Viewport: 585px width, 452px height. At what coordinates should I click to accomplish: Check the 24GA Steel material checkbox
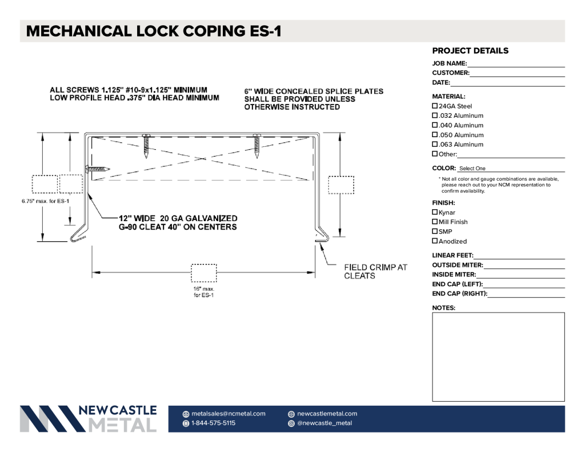pyautogui.click(x=435, y=106)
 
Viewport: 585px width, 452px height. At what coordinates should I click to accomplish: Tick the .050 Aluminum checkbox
pyautogui.click(x=435, y=135)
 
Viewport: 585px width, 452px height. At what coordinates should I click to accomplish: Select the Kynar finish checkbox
pyautogui.click(x=435, y=212)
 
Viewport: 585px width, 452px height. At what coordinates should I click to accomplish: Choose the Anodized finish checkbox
pyautogui.click(x=435, y=241)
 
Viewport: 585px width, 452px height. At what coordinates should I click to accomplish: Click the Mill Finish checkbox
pyautogui.click(x=435, y=222)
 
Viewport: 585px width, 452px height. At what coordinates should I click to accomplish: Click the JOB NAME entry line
pyautogui.click(x=516, y=67)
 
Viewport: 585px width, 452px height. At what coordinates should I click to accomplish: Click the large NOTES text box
pyautogui.click(x=498, y=357)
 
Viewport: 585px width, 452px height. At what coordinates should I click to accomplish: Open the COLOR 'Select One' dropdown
pyautogui.click(x=511, y=169)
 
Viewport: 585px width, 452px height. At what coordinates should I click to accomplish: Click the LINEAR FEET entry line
pyautogui.click(x=519, y=258)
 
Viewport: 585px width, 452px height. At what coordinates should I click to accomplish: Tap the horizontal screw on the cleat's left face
pyautogui.click(x=98, y=169)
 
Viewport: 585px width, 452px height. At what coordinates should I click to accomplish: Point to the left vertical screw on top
pyautogui.click(x=146, y=146)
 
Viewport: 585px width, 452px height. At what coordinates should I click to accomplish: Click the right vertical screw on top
pyautogui.click(x=257, y=146)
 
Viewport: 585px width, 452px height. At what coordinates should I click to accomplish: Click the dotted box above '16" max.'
pyautogui.click(x=204, y=273)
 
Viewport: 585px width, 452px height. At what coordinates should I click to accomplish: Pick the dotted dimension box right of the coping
pyautogui.click(x=341, y=185)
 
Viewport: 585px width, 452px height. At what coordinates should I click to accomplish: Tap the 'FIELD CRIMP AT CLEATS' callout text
pyautogui.click(x=376, y=272)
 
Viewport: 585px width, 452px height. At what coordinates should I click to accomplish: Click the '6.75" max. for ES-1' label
pyautogui.click(x=46, y=201)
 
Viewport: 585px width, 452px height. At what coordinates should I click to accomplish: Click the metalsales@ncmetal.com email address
pyautogui.click(x=229, y=414)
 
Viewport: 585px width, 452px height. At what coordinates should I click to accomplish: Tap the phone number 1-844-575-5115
pyautogui.click(x=214, y=423)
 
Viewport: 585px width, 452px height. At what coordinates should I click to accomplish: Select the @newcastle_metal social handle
pyautogui.click(x=324, y=423)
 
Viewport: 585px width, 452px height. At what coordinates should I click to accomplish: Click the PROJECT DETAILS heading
pyautogui.click(x=470, y=51)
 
